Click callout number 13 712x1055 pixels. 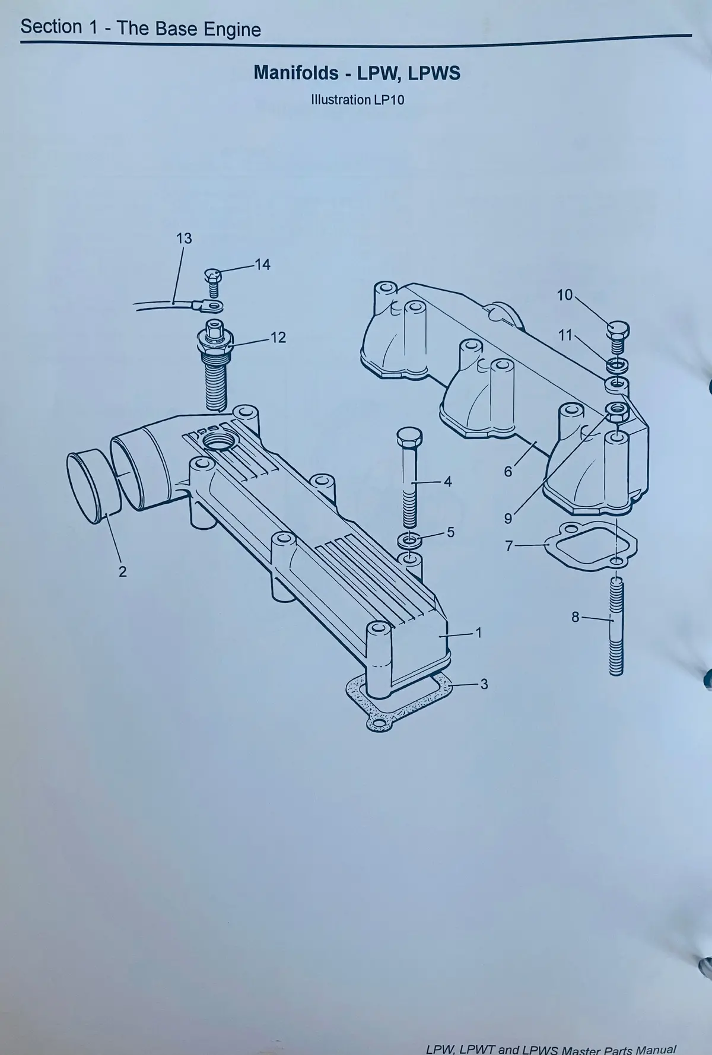click(x=184, y=239)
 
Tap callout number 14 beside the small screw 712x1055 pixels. click(x=262, y=265)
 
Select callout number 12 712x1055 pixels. click(x=278, y=338)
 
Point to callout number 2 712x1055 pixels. click(x=122, y=571)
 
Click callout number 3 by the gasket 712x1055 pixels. click(x=484, y=684)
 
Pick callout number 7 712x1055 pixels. click(x=508, y=546)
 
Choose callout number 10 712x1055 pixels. click(x=565, y=295)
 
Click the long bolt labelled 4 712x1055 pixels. click(x=409, y=477)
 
